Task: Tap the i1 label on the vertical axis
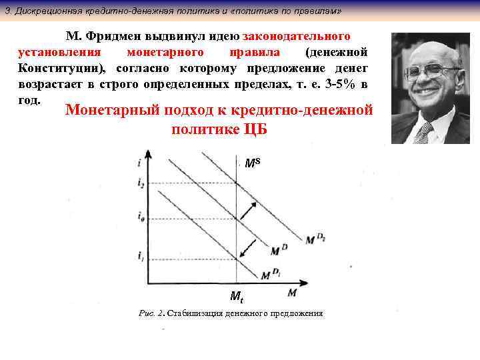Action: coord(141,256)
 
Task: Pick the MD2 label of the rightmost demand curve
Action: coord(315,238)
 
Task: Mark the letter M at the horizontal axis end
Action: coord(293,292)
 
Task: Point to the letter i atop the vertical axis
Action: coord(138,162)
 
